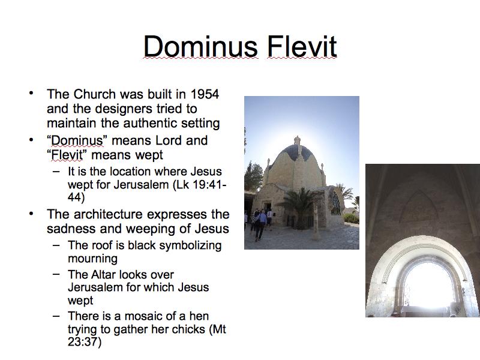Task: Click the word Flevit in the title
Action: (302, 46)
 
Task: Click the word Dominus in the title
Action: (201, 46)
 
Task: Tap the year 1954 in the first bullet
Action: (205, 94)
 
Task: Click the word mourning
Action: (92, 259)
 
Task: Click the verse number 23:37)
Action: (85, 342)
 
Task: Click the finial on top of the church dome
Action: (296, 140)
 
